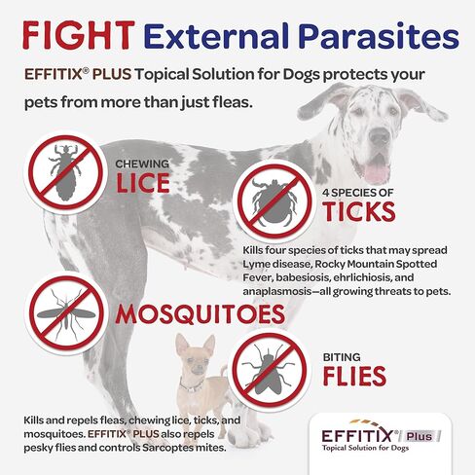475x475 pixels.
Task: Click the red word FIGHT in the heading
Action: pos(79,35)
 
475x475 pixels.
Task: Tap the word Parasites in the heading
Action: pos(381,35)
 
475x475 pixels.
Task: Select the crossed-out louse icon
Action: pos(65,172)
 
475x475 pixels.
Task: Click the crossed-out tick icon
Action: pos(274,201)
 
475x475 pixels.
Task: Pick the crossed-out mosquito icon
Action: pos(66,313)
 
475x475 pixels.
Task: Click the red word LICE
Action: pos(143,183)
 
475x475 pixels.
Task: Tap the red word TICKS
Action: pos(359,211)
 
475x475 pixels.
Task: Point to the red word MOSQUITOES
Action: pos(201,314)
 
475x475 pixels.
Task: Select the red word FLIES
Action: pos(354,376)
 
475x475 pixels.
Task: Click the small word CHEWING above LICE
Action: pos(142,164)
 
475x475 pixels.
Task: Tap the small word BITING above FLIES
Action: pos(342,357)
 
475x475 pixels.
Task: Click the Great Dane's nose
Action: pos(380,135)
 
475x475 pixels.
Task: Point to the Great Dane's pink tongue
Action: pos(377,173)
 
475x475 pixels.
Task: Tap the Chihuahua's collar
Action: pos(192,386)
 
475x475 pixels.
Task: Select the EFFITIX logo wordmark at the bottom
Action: pos(357,435)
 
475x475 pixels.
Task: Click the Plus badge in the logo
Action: pos(420,436)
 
